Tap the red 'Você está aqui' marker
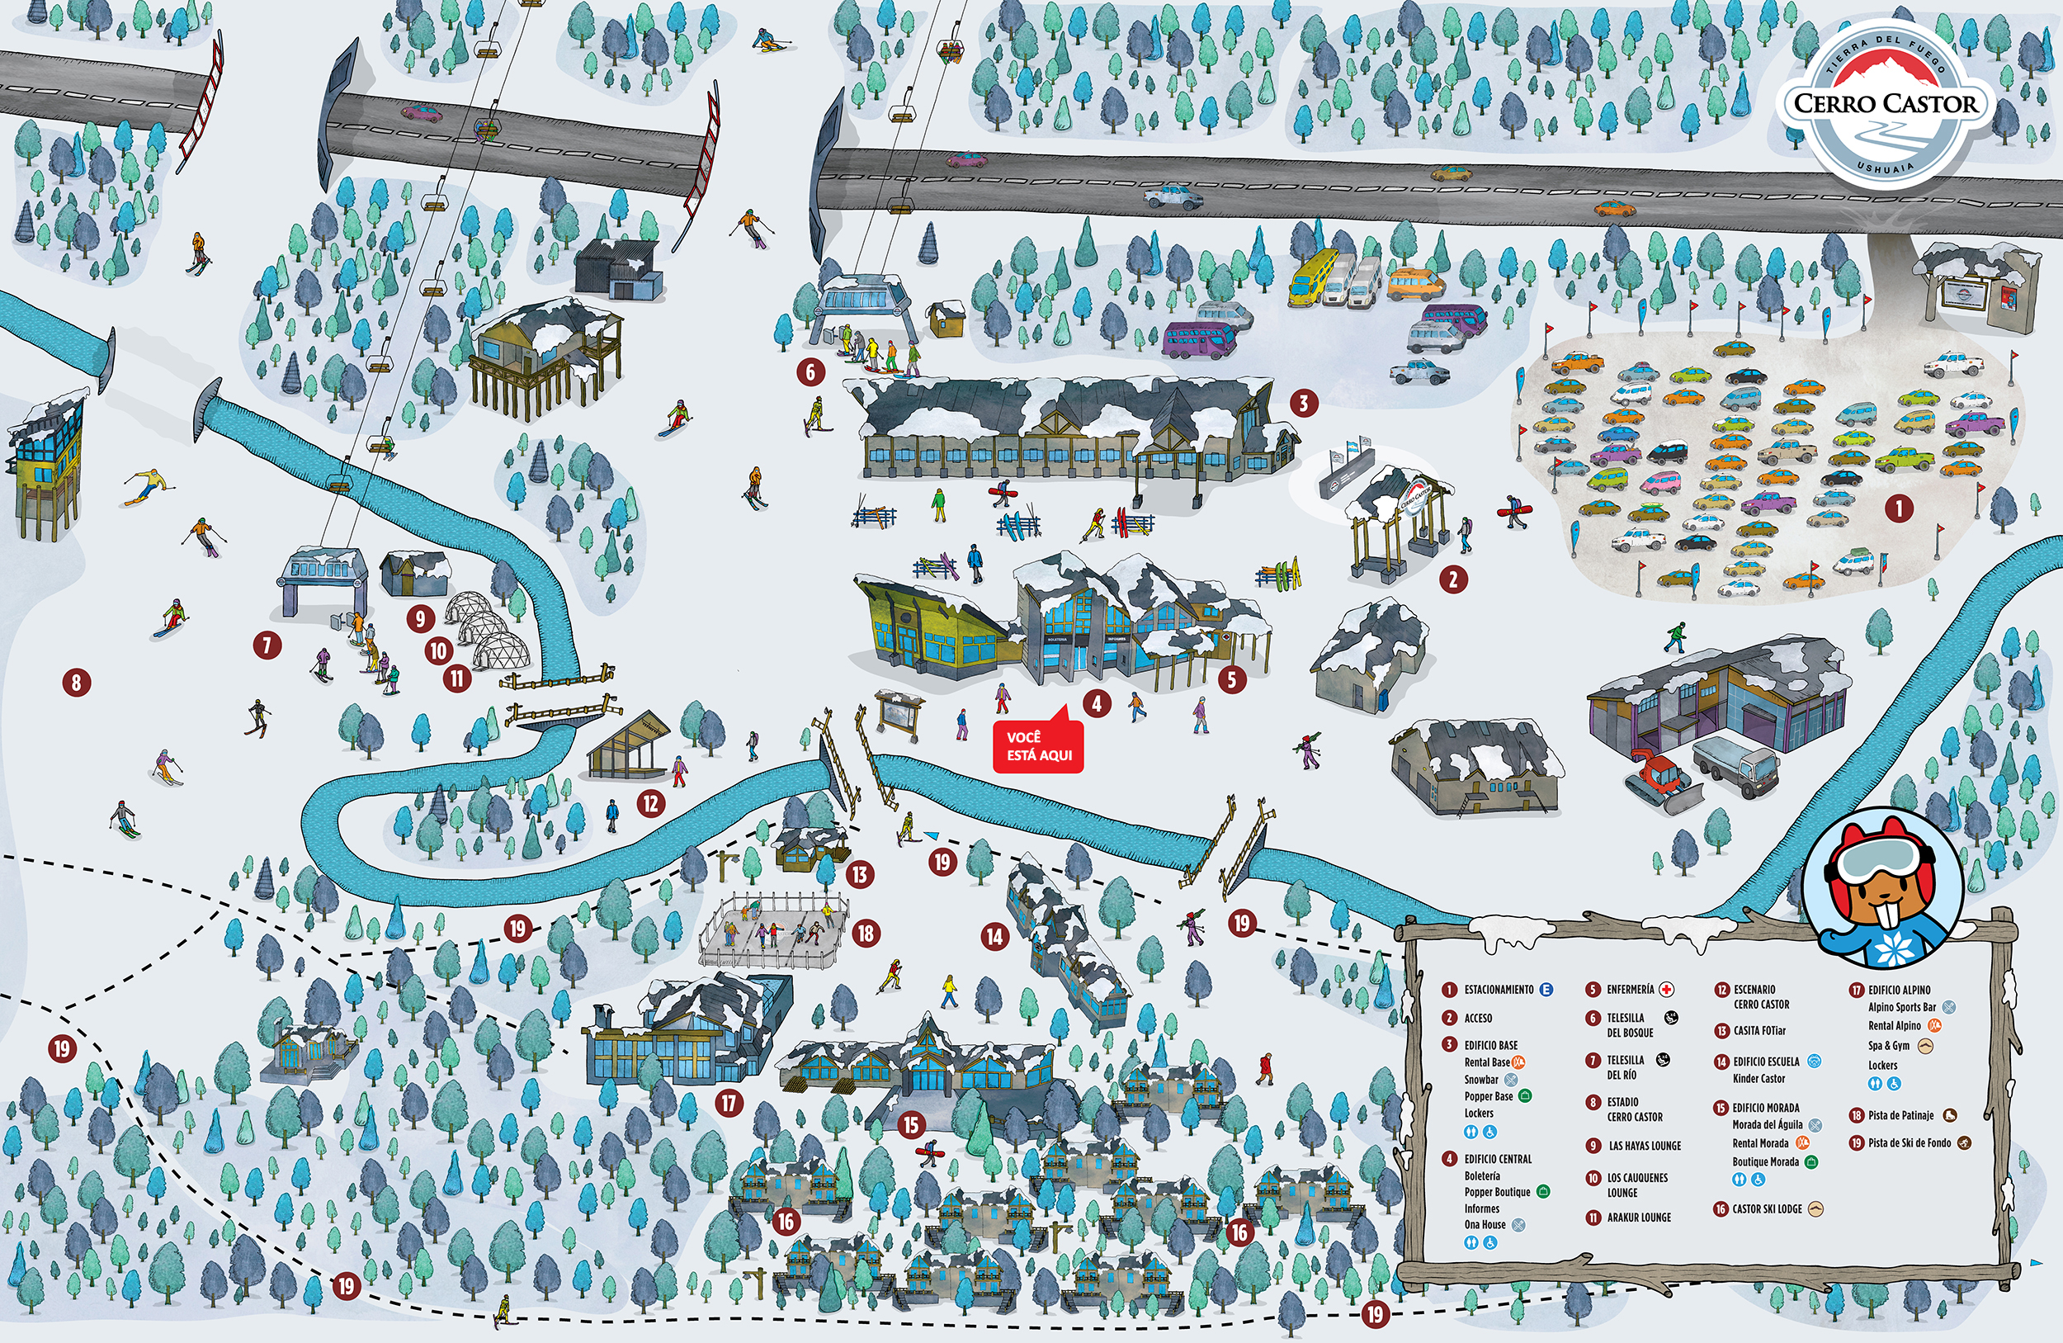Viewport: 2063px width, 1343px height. point(1038,746)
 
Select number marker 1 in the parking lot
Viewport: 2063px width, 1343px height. point(1899,508)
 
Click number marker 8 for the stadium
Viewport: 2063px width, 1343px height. point(76,683)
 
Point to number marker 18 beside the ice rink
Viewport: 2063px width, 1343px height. point(865,933)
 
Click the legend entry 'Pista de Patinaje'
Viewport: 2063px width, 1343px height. point(1900,1116)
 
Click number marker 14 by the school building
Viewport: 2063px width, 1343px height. point(994,936)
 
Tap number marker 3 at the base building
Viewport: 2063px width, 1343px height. point(1303,402)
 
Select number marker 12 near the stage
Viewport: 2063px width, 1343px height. point(651,803)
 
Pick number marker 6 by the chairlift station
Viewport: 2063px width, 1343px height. point(810,372)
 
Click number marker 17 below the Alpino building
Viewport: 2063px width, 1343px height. point(729,1103)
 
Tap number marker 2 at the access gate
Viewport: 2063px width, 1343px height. point(1454,579)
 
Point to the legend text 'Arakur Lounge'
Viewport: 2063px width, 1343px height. point(1638,1218)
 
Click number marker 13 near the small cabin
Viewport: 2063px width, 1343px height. point(859,874)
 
